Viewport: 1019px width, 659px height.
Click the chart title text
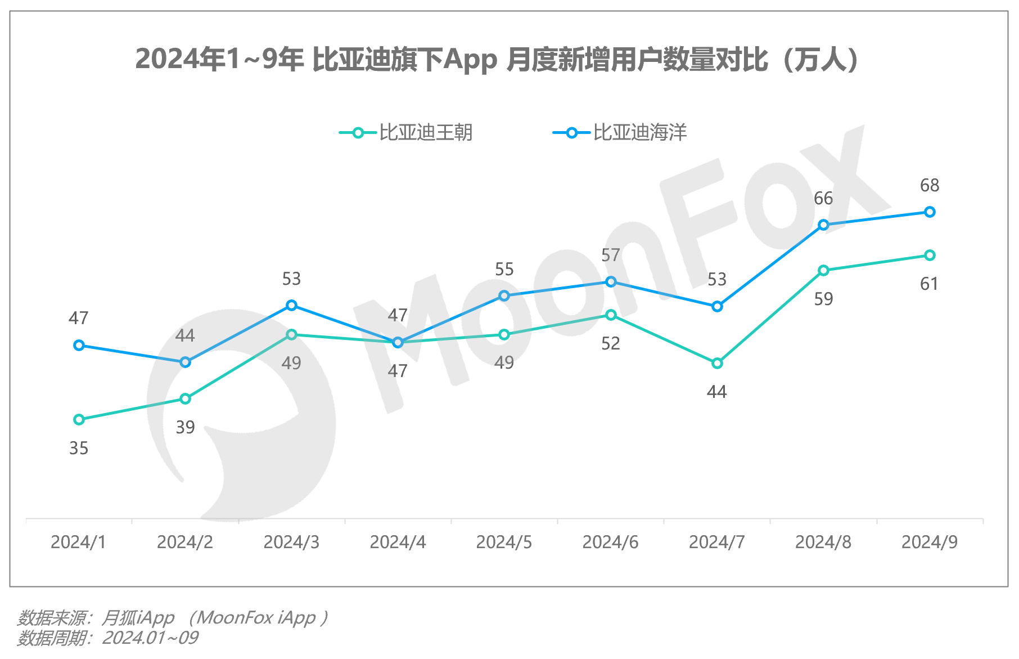tap(497, 60)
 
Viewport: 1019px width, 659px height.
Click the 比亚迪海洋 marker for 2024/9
tap(930, 212)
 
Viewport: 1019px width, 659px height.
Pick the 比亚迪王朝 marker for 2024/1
tap(79, 419)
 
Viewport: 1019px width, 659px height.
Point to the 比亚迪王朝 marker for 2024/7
tap(717, 364)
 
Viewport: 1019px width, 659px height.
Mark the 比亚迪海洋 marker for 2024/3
tap(291, 306)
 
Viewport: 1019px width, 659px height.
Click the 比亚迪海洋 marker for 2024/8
tap(823, 225)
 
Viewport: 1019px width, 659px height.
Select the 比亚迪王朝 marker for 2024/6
tap(611, 315)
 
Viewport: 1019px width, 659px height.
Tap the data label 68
tap(930, 185)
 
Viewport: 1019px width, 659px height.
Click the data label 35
tap(79, 449)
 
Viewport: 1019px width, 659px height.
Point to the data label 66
tap(823, 198)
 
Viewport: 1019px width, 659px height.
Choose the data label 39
tap(185, 428)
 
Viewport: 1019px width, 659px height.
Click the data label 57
tap(611, 255)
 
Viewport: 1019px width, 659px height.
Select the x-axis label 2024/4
tap(398, 542)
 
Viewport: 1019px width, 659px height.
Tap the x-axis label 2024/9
tap(930, 542)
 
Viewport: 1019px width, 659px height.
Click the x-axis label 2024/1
tap(79, 542)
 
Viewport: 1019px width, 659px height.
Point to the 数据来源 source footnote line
tap(172, 618)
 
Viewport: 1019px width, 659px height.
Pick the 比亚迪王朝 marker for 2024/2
tap(185, 399)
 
